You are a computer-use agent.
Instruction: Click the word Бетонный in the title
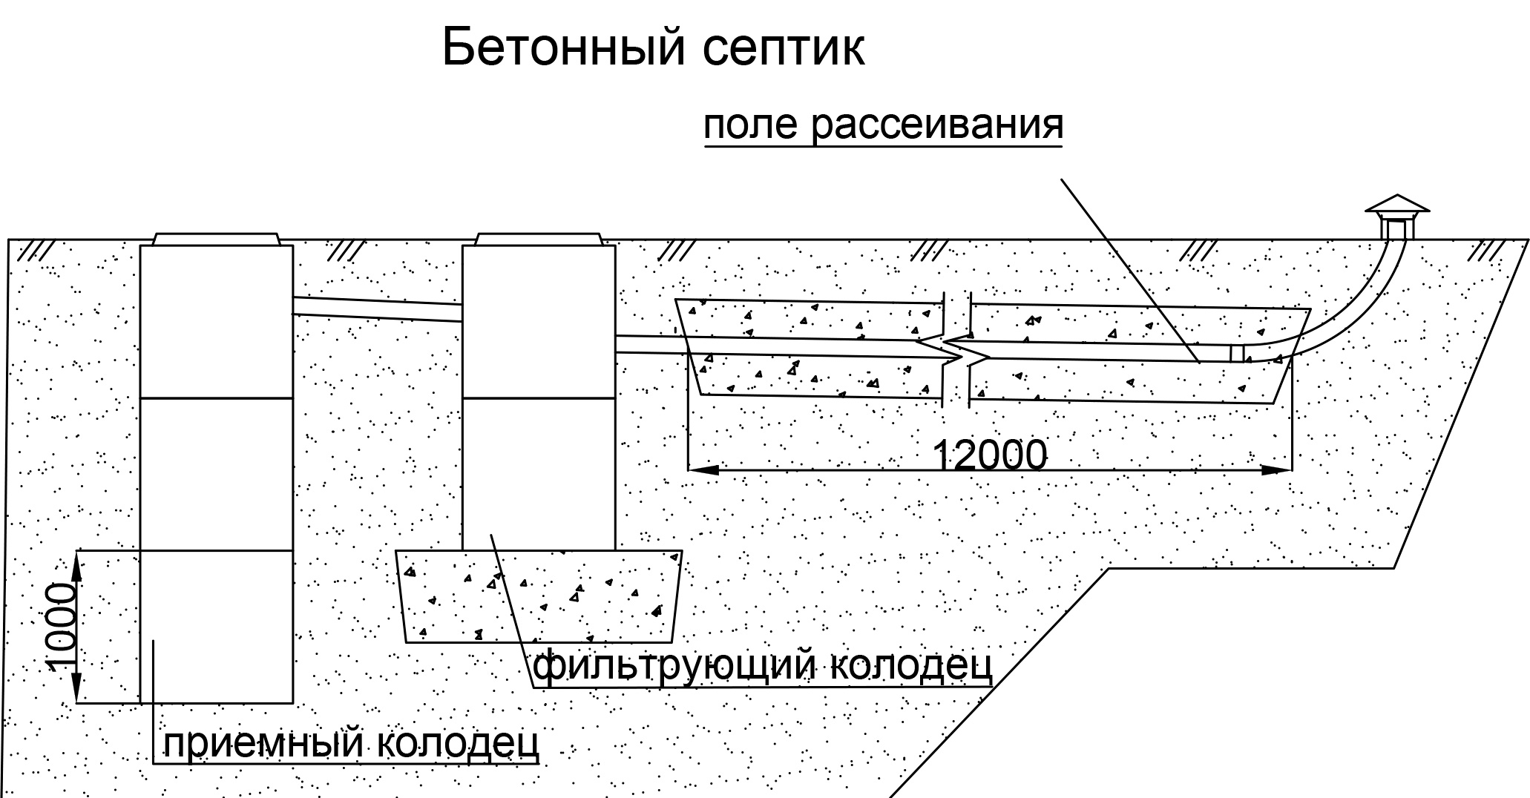562,48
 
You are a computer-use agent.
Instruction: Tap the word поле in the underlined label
749,125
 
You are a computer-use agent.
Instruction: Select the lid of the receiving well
217,238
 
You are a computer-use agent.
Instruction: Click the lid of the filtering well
539,238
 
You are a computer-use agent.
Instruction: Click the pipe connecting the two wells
378,309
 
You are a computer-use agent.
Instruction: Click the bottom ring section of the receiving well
217,626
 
